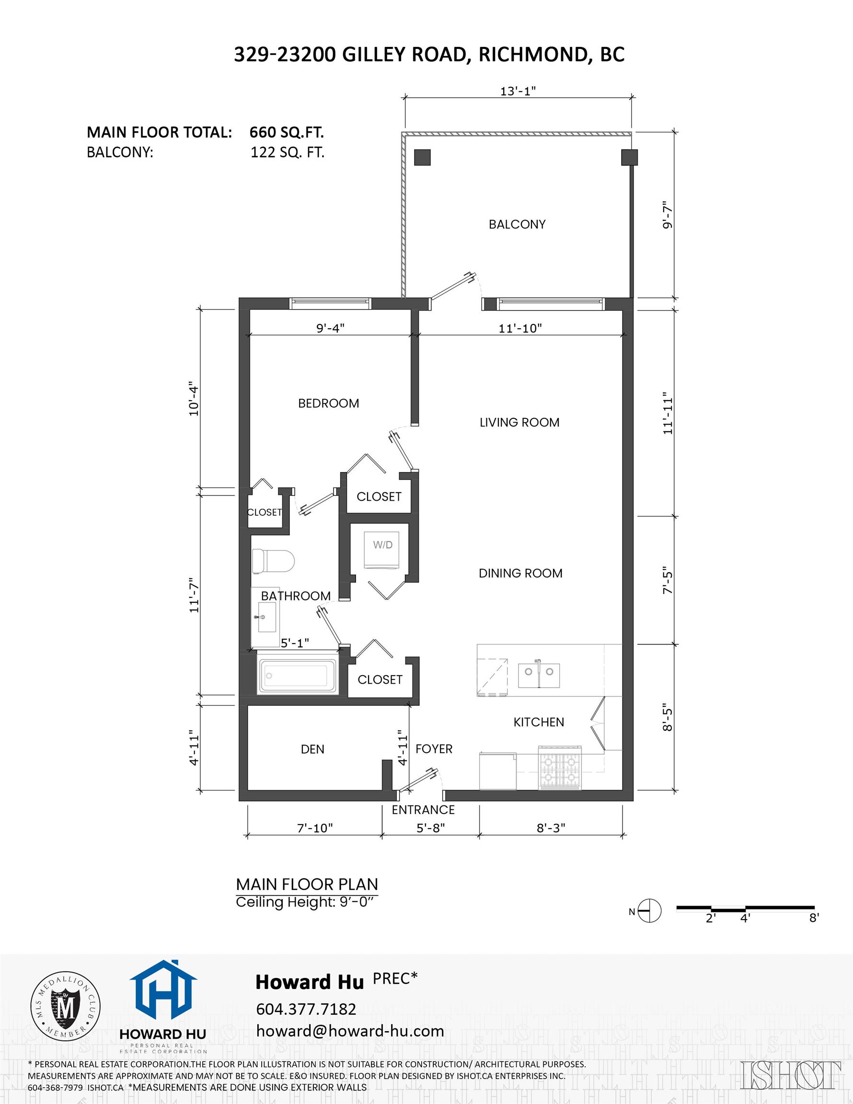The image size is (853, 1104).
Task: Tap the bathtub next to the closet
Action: point(297,676)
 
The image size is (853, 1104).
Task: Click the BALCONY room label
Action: point(517,224)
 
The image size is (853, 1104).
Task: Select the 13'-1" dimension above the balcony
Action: point(518,92)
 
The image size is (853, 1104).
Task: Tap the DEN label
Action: point(312,749)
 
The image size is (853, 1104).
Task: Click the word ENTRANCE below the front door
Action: point(423,810)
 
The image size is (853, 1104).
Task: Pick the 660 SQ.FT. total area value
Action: point(287,132)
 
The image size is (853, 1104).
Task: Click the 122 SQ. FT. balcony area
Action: point(287,153)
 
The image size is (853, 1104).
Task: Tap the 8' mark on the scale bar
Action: point(814,918)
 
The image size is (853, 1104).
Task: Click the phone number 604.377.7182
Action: point(306,1010)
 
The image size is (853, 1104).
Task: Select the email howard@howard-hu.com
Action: point(350,1031)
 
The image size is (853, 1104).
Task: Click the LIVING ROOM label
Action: point(519,423)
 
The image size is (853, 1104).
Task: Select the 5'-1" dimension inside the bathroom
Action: point(295,643)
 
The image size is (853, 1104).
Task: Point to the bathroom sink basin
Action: point(266,617)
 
